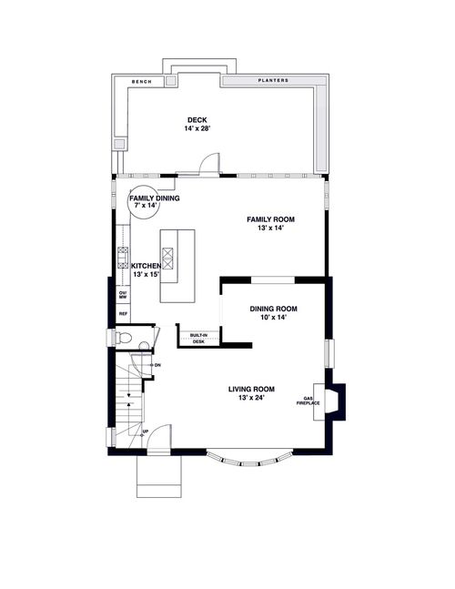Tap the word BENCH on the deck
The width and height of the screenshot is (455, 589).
[141, 81]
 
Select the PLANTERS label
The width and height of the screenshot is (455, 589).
[272, 81]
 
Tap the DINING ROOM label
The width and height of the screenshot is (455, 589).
[274, 309]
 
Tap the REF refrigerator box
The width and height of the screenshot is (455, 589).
[123, 314]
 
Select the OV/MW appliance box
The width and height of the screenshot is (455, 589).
[123, 293]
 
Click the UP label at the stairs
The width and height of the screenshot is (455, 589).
[145, 432]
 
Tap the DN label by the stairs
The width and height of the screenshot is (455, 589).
[157, 365]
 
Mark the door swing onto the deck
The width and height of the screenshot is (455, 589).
[209, 164]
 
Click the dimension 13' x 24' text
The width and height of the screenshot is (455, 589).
[251, 398]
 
